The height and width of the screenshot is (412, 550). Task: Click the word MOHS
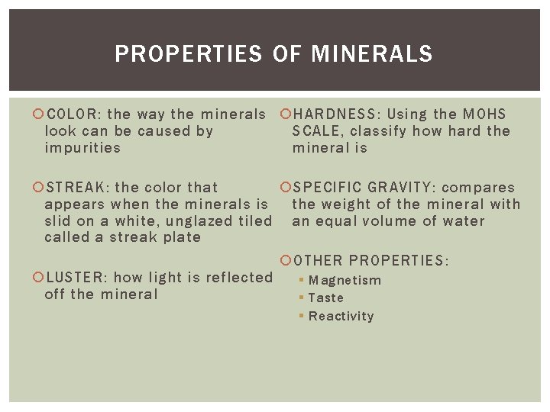click(x=484, y=114)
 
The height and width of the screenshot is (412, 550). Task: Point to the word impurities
click(x=82, y=148)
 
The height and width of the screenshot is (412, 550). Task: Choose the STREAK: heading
click(x=77, y=188)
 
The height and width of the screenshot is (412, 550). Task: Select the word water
click(x=464, y=221)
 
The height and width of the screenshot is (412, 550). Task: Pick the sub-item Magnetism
click(x=345, y=280)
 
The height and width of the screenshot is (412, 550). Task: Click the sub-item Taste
click(x=326, y=298)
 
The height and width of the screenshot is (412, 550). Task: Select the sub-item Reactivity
click(x=341, y=317)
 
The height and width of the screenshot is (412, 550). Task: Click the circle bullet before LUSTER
click(x=38, y=278)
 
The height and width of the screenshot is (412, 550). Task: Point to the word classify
click(x=379, y=131)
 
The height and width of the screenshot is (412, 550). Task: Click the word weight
click(x=353, y=204)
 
